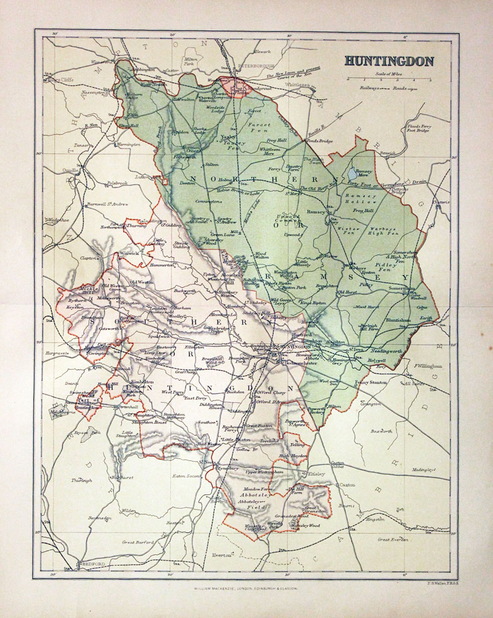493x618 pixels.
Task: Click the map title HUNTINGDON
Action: point(388,61)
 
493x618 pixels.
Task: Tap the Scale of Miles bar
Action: point(388,80)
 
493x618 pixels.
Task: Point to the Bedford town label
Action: point(90,564)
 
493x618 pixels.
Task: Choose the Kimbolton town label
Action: point(142,382)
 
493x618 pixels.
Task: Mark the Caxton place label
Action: point(347,486)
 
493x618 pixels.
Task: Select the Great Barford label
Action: point(137,542)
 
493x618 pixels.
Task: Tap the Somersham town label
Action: point(398,288)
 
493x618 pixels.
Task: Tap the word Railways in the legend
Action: point(360,89)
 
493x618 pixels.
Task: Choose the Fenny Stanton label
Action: point(371,383)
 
